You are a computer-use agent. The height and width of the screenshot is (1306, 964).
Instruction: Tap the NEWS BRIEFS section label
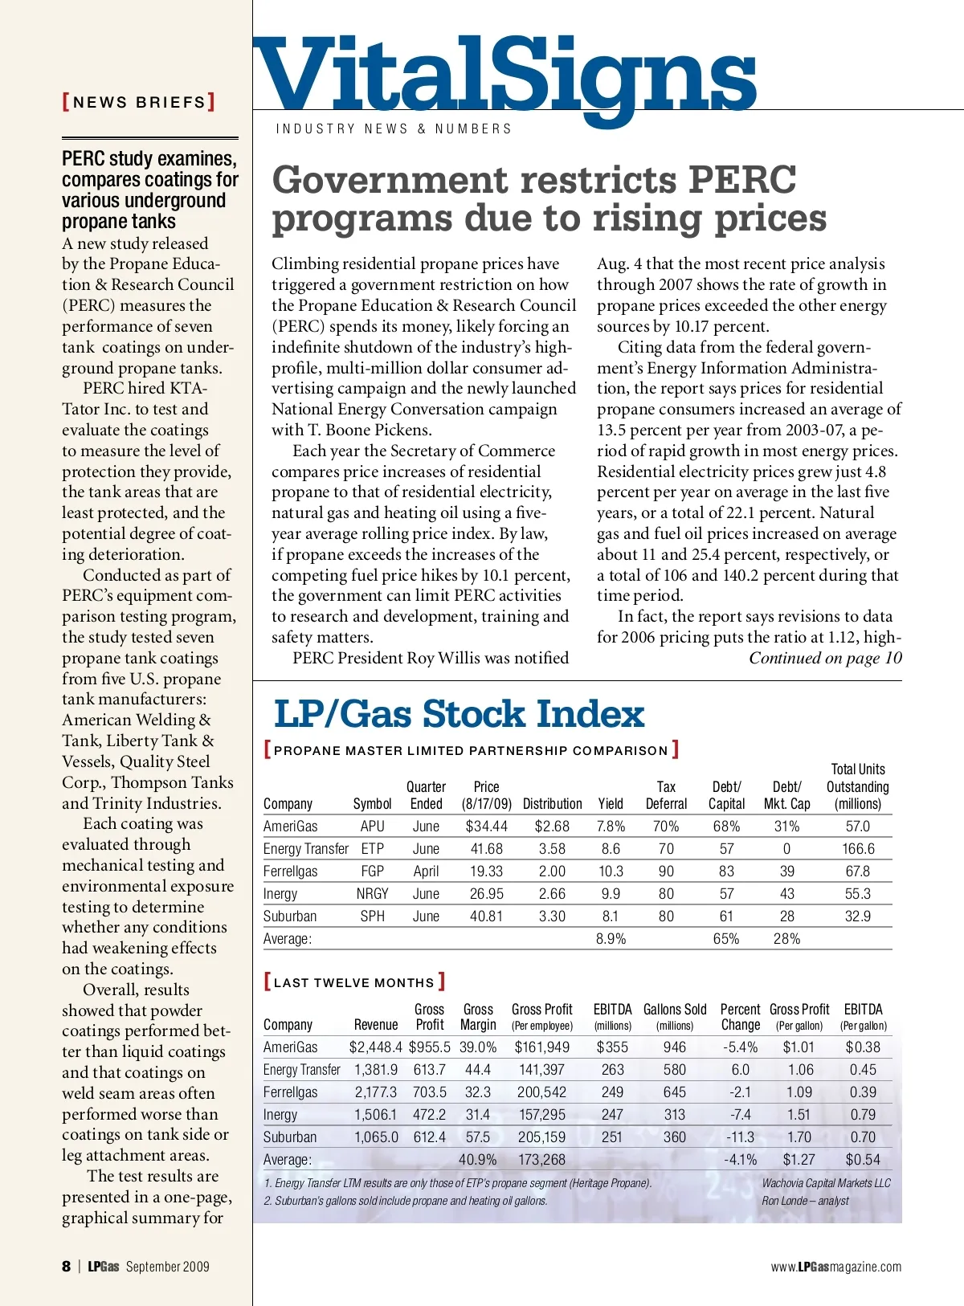(139, 102)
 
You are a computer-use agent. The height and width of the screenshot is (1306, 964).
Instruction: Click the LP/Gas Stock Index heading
(459, 714)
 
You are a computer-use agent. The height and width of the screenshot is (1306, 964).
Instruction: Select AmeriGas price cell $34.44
(486, 826)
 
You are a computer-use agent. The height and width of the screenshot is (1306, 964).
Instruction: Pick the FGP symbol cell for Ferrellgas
(372, 871)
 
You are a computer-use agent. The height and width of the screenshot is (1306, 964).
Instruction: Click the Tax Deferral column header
(666, 795)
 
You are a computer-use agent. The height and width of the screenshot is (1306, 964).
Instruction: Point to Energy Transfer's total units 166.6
(858, 848)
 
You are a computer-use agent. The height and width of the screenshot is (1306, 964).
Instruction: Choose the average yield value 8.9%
(611, 938)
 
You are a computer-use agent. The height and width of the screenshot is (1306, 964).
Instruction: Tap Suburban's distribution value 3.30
(552, 916)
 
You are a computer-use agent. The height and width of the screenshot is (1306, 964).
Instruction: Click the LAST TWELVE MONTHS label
(354, 982)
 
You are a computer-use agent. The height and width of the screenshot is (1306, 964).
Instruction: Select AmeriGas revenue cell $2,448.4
(375, 1047)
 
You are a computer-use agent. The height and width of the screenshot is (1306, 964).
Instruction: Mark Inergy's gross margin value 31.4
(478, 1115)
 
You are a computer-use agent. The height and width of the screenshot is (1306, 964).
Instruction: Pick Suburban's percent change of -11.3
(740, 1137)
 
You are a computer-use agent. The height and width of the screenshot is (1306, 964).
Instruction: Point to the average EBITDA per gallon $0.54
(863, 1160)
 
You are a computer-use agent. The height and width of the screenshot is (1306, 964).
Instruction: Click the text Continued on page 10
(825, 659)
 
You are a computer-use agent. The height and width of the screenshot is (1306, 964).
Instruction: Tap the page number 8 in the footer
(66, 1267)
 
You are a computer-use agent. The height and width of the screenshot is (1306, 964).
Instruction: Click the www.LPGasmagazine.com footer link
(835, 1267)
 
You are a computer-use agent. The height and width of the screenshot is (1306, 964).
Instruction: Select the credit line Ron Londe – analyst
(805, 1201)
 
